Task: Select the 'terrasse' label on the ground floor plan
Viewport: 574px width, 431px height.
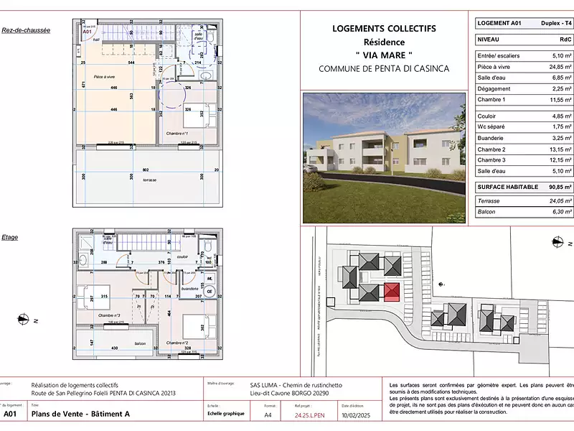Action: click(149, 180)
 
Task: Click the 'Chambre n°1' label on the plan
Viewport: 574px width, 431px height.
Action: click(177, 134)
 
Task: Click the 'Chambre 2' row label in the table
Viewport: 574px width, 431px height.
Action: click(491, 149)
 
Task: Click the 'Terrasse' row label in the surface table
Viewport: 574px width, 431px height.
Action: click(489, 201)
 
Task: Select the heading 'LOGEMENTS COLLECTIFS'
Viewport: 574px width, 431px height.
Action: click(384, 29)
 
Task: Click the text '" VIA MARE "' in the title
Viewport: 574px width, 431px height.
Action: click(384, 55)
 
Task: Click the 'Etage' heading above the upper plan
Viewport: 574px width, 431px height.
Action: click(10, 237)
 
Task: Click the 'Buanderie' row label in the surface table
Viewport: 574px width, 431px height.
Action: click(491, 137)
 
